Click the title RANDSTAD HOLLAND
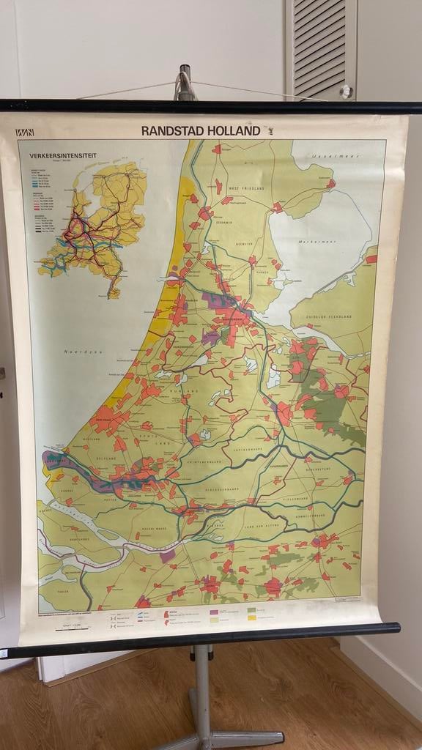(201, 130)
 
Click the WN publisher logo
(25, 133)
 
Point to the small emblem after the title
(268, 131)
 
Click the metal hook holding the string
(185, 82)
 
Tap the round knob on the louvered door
(346, 92)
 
